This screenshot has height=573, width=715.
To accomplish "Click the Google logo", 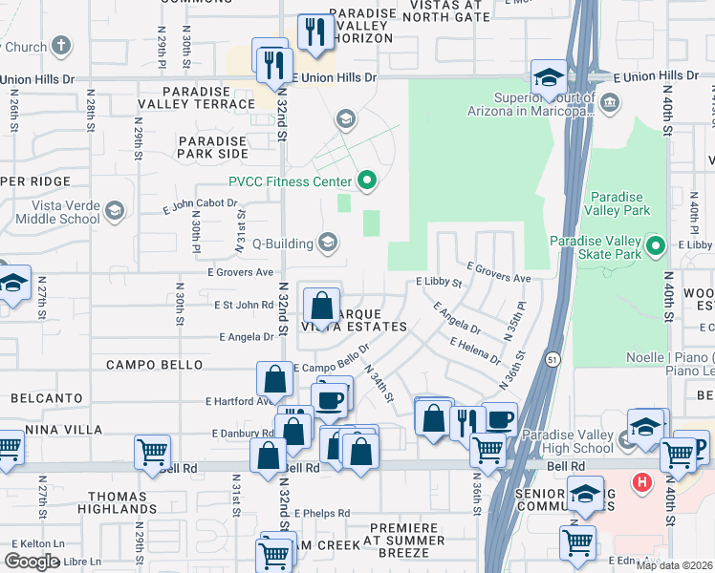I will tap(32, 562).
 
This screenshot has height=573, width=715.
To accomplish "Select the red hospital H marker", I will tap(644, 483).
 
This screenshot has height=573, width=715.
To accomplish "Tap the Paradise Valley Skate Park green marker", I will tap(655, 247).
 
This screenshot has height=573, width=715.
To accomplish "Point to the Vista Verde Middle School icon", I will tap(115, 210).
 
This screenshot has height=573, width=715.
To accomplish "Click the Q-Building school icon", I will tap(328, 243).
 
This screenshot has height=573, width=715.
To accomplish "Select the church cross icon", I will tap(61, 46).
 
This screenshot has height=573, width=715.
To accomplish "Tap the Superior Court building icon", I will tap(609, 100).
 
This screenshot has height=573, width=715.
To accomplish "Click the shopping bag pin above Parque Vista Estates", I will tap(322, 306).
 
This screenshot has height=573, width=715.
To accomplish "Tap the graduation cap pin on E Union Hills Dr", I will tap(550, 77).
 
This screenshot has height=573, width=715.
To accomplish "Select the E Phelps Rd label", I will tap(322, 513).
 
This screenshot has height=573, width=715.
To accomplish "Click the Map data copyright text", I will tap(675, 565).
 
